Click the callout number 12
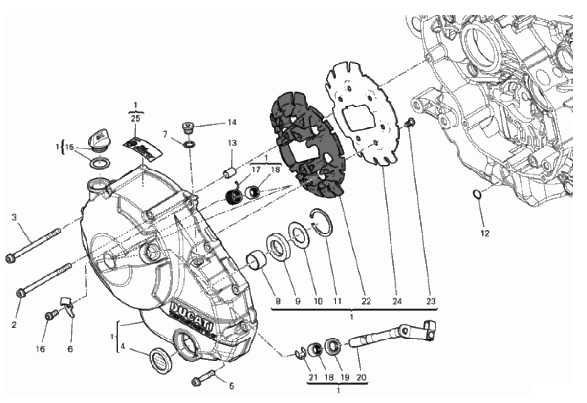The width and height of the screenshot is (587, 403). tap(484, 233)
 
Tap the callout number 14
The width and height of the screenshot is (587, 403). tap(231, 122)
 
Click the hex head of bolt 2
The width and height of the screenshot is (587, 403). tap(21, 293)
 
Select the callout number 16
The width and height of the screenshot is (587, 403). tap(40, 349)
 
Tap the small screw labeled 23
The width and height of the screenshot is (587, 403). tap(411, 122)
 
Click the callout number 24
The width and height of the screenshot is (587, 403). tap(396, 302)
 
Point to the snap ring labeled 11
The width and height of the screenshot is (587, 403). tap(322, 222)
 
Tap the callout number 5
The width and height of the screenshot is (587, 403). tap(231, 386)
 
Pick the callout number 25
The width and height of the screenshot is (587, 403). tap(136, 118)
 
